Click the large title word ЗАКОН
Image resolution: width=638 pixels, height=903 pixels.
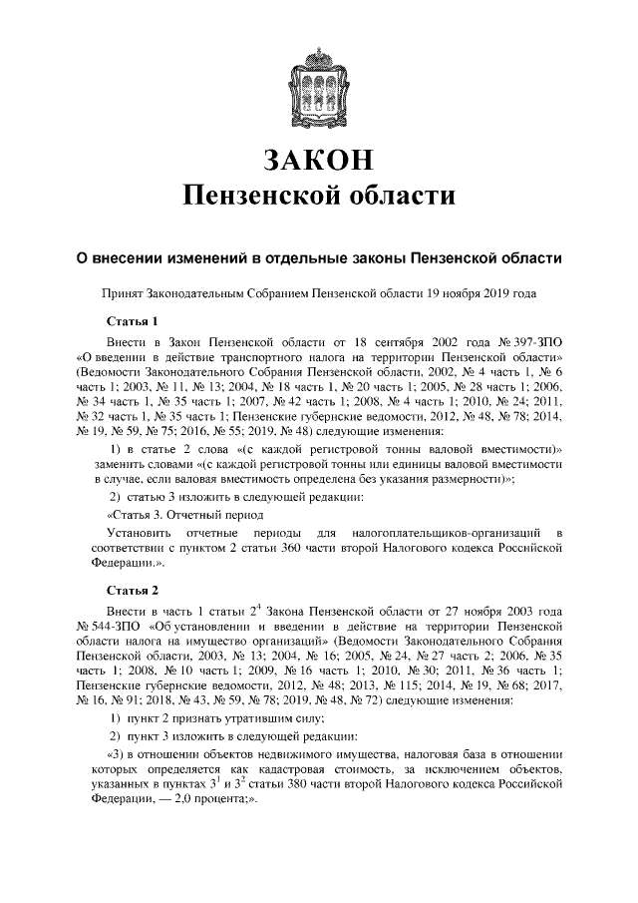coord(319,160)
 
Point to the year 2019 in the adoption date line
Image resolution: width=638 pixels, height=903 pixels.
coord(499,295)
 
